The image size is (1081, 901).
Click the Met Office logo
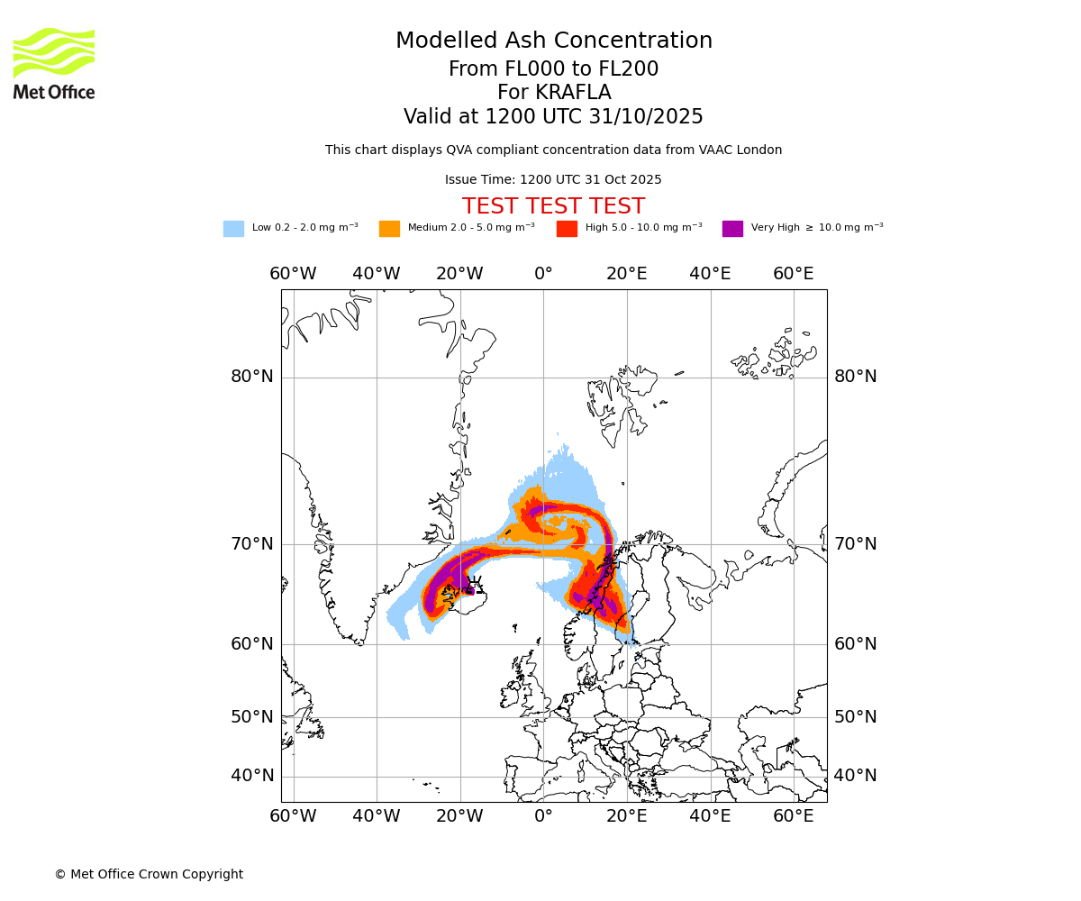pos(54,63)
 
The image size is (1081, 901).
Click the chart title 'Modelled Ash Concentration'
pos(554,41)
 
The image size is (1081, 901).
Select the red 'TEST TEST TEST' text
pos(553,206)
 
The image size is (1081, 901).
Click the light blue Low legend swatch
pos(233,229)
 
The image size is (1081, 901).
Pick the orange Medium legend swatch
pos(389,229)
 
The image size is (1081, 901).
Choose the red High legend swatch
pos(567,229)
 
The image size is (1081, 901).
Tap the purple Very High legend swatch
pos(732,229)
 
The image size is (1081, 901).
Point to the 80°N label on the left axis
pos(252,377)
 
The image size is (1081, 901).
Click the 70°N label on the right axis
pos(855,544)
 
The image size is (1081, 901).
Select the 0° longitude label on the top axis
pos(543,274)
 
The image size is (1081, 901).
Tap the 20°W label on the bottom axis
pos(459,816)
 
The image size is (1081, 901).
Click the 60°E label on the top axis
pos(794,274)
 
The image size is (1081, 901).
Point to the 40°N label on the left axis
pos(252,776)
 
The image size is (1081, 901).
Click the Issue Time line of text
pos(553,180)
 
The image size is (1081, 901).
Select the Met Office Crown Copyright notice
pos(149,874)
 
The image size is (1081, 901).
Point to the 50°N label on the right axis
pos(855,717)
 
